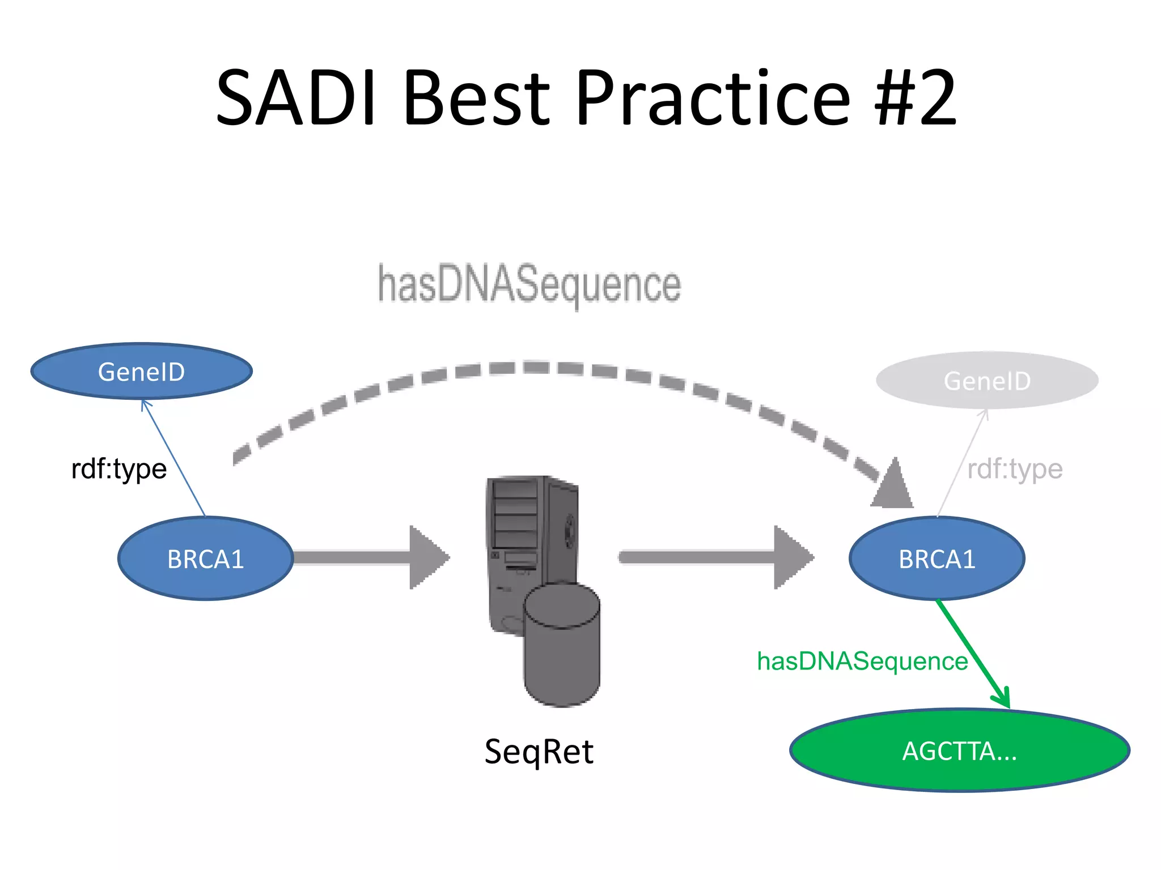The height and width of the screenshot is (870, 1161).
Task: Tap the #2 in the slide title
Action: (915, 97)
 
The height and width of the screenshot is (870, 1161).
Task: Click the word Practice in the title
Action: (712, 97)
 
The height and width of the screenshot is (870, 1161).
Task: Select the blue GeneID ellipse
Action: (141, 372)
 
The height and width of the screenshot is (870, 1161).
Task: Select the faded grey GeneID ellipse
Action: (987, 381)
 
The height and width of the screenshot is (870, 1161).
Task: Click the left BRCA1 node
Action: (205, 558)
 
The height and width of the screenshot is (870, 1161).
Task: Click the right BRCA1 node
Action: (937, 558)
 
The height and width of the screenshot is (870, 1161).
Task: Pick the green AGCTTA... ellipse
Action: (959, 750)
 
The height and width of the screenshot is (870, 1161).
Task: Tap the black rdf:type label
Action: (119, 469)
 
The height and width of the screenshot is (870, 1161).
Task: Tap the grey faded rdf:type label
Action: (1015, 469)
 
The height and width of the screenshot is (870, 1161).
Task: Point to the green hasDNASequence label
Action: (862, 661)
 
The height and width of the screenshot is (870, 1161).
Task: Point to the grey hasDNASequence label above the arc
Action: (529, 284)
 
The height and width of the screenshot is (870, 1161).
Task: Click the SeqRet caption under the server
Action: (539, 752)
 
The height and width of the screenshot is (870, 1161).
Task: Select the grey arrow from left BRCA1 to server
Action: (368, 557)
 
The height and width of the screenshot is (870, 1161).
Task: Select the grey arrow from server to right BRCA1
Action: (714, 557)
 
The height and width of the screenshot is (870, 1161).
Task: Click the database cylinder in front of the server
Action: (561, 646)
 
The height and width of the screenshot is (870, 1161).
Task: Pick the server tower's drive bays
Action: (515, 513)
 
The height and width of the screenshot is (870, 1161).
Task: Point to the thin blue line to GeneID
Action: (173, 458)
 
